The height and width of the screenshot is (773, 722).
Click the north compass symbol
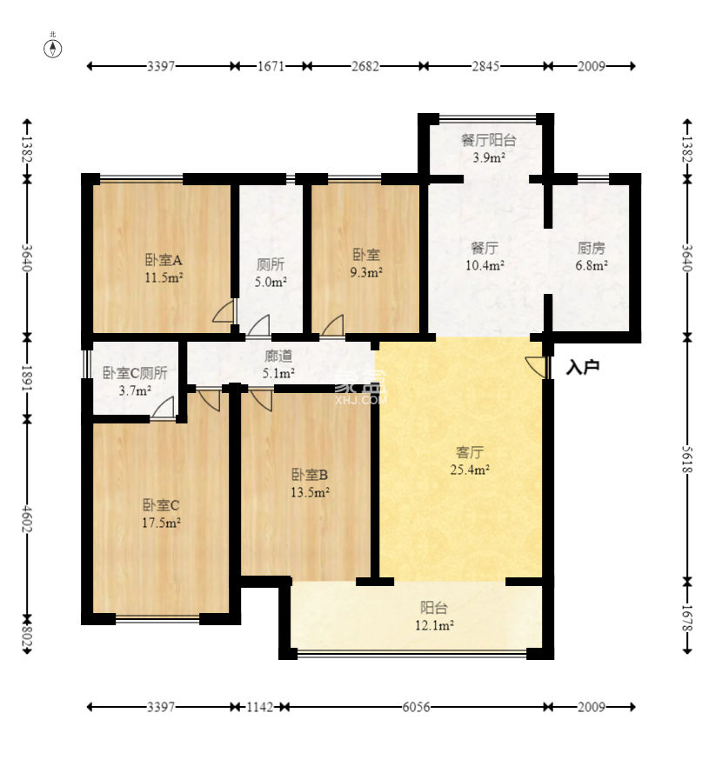click(x=53, y=48)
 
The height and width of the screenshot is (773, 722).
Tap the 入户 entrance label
click(x=583, y=367)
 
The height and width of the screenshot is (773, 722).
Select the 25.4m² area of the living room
click(x=470, y=470)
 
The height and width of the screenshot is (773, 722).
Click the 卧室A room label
click(x=164, y=259)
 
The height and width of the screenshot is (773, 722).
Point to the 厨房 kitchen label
click(x=591, y=248)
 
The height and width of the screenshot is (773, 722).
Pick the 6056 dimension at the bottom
click(x=416, y=707)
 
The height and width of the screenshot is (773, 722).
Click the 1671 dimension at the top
click(x=271, y=65)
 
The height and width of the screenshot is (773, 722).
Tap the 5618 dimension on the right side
click(x=687, y=459)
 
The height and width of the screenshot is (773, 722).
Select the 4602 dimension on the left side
click(x=27, y=518)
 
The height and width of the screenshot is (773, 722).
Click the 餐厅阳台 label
click(x=488, y=140)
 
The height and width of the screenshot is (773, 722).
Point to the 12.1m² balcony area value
click(x=434, y=625)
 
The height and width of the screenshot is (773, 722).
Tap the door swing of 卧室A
click(x=224, y=311)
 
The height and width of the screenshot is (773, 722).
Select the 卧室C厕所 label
click(x=135, y=373)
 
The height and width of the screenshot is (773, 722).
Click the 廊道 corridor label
click(x=278, y=356)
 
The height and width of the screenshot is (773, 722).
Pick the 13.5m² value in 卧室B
click(x=310, y=492)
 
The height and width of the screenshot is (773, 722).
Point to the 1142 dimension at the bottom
click(x=260, y=707)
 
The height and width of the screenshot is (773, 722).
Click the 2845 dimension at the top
click(x=485, y=65)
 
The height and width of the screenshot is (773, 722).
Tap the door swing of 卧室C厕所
click(x=164, y=408)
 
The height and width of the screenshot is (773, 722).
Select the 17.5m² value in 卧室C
click(x=161, y=523)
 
